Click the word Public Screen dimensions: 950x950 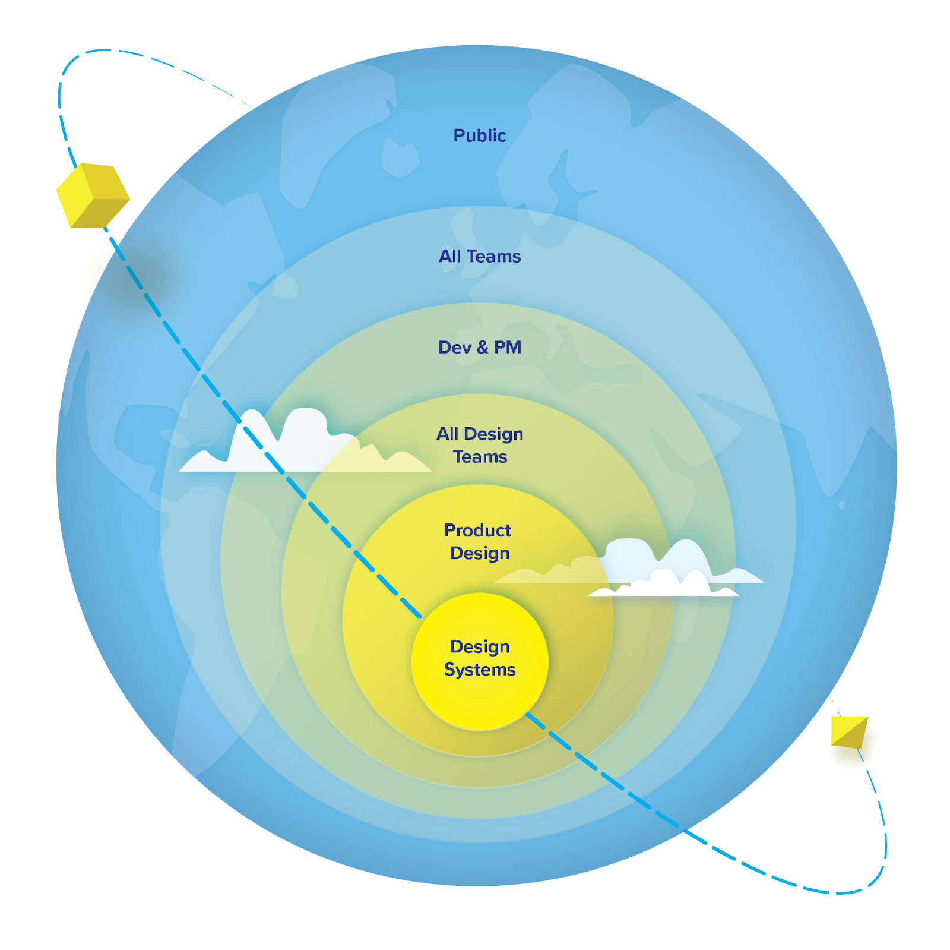tap(479, 135)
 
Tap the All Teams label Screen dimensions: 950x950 tap(480, 256)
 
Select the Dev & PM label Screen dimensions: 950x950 tap(480, 347)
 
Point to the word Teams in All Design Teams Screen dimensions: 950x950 tap(480, 457)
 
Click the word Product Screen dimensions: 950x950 tap(477, 530)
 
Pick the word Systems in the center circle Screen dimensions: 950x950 tap(480, 670)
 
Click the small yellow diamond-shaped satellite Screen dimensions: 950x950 tap(849, 732)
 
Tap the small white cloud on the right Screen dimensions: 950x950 tap(665, 585)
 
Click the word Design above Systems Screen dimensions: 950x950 tap(480, 646)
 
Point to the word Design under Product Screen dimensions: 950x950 tap(480, 553)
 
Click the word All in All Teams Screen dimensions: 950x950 tap(449, 256)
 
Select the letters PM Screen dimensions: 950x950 tap(508, 348)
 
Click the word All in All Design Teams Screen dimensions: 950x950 tap(447, 434)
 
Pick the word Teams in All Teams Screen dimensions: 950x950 tap(493, 256)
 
